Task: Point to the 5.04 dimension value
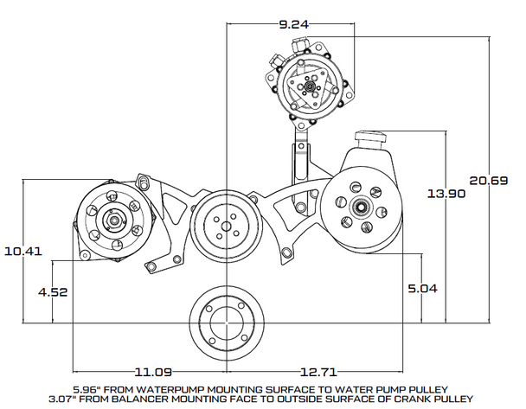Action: tap(424, 289)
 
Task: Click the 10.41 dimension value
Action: tap(23, 252)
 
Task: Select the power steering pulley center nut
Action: tap(357, 207)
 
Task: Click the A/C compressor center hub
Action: tap(308, 88)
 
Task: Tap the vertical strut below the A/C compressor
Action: tap(300, 173)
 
